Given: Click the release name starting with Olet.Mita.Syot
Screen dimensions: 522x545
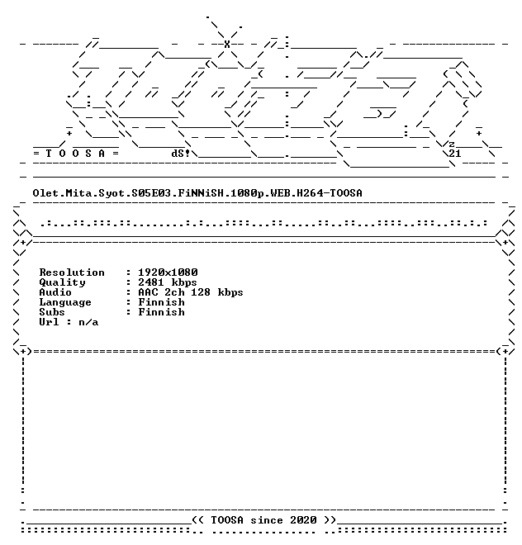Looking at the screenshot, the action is click(197, 193).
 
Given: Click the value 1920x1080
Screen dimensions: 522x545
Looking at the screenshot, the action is click(168, 272).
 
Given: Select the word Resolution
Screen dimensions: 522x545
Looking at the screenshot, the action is click(72, 272).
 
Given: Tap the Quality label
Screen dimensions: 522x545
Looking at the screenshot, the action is click(62, 282).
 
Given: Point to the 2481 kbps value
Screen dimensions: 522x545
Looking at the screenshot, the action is click(168, 282).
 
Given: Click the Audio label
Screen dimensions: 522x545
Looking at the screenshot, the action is click(55, 292).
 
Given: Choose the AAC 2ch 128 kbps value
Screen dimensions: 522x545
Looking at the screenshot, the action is click(191, 292).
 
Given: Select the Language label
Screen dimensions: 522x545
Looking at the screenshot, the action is click(65, 303).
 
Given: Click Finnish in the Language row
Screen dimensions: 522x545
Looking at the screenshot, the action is click(161, 302).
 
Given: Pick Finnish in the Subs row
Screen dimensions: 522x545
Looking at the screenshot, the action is click(161, 312).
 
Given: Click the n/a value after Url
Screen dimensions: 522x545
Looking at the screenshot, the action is click(88, 322).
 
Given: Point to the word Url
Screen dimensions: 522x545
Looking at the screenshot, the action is click(49, 322).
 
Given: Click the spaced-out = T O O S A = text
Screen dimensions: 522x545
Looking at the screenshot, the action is click(76, 154).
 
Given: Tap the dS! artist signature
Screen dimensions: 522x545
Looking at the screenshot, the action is click(181, 154).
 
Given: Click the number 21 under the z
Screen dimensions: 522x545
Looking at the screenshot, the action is click(455, 154).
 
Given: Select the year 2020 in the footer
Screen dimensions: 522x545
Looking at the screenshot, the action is click(303, 520).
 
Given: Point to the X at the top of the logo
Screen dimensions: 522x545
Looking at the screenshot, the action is click(227, 44).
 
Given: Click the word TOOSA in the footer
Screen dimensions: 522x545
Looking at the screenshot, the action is click(227, 520).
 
